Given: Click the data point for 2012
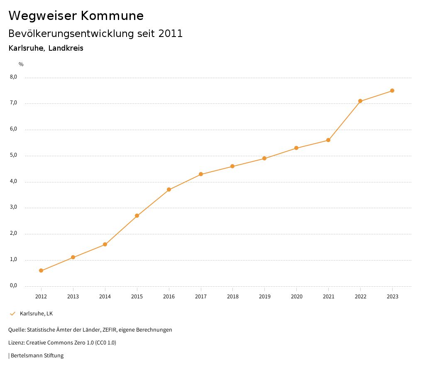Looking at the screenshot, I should (x=41, y=271).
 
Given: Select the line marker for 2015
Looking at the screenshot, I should (x=137, y=216).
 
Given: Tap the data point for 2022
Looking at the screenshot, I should (x=360, y=101).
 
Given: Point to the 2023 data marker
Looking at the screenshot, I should (x=392, y=91).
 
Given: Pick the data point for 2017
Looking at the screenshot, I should (x=201, y=174).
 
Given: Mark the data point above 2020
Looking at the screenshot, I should (x=296, y=148).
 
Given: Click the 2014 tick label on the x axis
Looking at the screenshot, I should (x=105, y=297).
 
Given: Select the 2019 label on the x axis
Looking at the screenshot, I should (x=264, y=297).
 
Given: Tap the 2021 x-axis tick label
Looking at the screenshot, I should (x=328, y=297).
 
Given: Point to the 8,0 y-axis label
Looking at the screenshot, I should (x=14, y=77).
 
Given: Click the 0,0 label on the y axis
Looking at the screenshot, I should (x=14, y=285).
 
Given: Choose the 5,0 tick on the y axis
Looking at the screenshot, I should (x=14, y=155).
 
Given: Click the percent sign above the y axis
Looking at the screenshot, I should (x=21, y=64).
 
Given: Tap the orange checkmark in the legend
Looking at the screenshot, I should (x=12, y=314).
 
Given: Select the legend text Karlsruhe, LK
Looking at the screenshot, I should (x=37, y=314).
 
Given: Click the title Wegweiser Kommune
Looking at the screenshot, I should (x=76, y=16).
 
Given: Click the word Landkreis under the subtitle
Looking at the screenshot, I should (x=66, y=48).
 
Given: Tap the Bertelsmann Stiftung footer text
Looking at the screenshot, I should (x=37, y=356).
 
